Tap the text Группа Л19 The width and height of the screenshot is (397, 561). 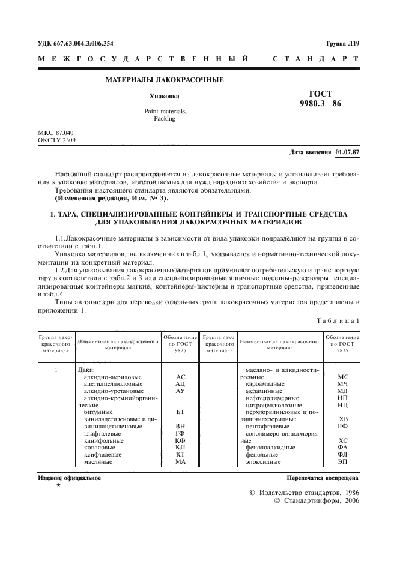pos(343,43)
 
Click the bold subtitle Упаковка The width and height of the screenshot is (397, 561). pos(164,96)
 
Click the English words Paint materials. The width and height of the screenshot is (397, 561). pos(165,112)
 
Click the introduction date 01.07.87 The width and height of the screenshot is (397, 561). pos(347,152)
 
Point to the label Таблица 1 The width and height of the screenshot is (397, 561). pos(338,320)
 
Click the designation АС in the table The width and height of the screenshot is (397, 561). pos(180,377)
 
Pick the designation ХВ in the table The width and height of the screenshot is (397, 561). pos(343,419)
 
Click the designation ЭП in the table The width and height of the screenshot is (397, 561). pos(343,461)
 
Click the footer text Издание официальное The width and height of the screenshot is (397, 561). pos(70,478)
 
